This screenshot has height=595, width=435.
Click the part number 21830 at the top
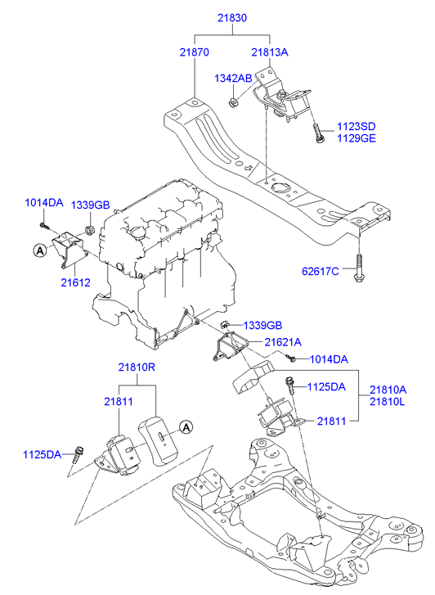click(232, 17)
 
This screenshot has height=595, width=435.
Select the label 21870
click(195, 51)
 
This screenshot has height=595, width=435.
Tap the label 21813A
click(270, 51)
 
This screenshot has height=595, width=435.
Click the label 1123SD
click(357, 127)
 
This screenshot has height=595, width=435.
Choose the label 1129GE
click(357, 139)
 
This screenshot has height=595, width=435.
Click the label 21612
click(74, 281)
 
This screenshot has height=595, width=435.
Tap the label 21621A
click(282, 342)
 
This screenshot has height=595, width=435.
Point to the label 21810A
click(388, 390)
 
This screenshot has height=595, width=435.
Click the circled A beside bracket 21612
click(39, 250)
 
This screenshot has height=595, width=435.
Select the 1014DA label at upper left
click(43, 203)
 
